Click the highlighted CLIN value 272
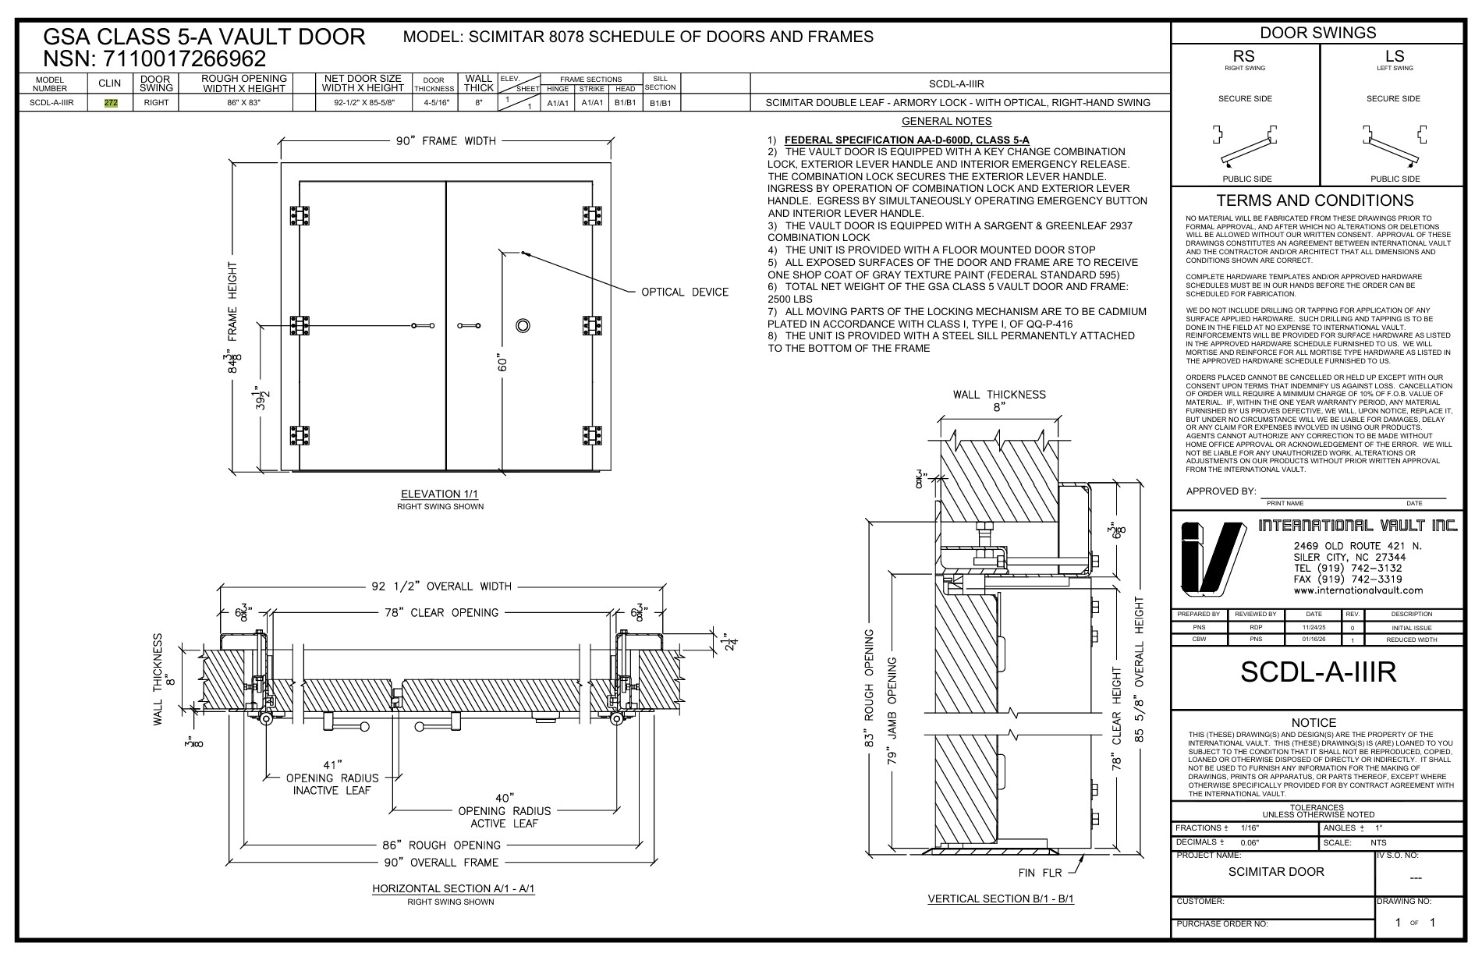(x=110, y=103)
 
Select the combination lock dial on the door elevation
(x=523, y=325)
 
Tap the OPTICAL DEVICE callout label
(x=684, y=292)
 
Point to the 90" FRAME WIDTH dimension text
(x=445, y=141)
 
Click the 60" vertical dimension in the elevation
(x=503, y=363)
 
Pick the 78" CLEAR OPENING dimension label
(x=441, y=612)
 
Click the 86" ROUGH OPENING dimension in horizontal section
(x=442, y=845)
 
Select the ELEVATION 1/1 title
(x=441, y=494)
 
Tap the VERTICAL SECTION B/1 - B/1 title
(x=1001, y=898)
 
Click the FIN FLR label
(x=1040, y=872)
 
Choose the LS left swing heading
(x=1394, y=56)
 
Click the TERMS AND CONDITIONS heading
(x=1315, y=200)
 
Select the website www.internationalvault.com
(x=1358, y=590)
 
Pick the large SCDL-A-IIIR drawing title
(x=1317, y=673)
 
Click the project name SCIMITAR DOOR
(x=1276, y=871)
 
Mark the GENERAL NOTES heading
(x=946, y=121)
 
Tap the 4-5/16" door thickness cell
(x=434, y=103)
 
